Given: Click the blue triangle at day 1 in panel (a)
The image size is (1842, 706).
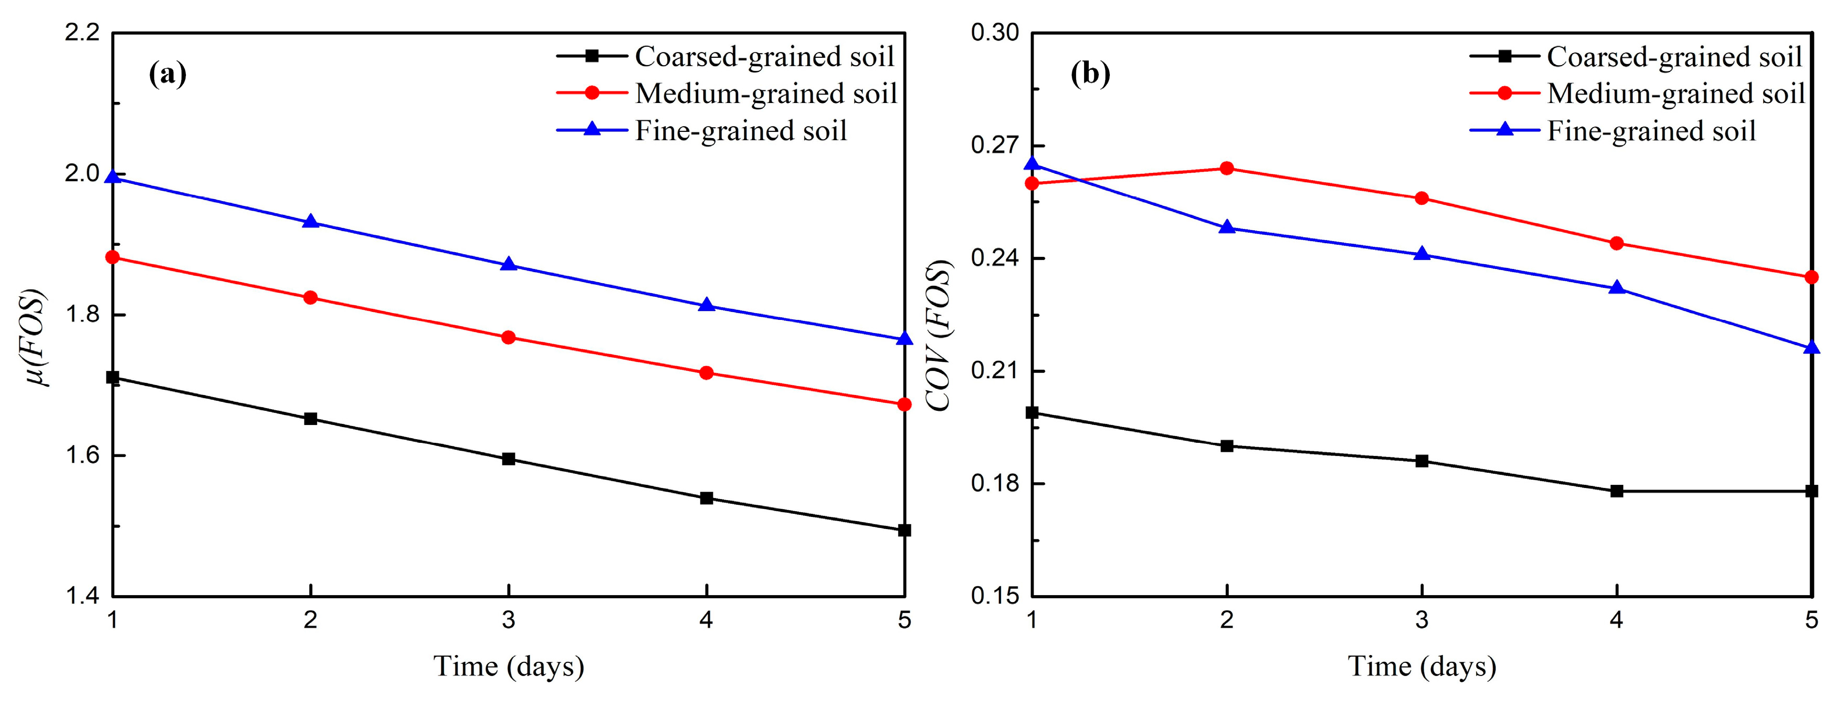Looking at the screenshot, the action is (x=112, y=176).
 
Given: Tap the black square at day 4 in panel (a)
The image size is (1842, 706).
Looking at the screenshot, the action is (x=707, y=498).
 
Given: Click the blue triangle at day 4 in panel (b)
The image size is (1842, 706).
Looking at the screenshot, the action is (x=1617, y=287).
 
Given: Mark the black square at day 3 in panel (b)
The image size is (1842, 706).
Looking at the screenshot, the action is (x=1422, y=461).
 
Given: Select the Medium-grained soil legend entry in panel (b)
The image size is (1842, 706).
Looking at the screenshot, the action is (x=1637, y=94).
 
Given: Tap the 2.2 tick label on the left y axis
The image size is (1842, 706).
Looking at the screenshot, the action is (x=81, y=33).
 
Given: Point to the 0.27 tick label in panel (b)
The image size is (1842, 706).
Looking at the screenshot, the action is (x=995, y=145).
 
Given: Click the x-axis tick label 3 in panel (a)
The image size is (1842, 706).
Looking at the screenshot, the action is (x=509, y=619).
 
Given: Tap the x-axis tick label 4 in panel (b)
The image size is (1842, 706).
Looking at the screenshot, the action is (x=1617, y=619).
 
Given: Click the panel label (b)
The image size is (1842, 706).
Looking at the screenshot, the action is (x=1090, y=74).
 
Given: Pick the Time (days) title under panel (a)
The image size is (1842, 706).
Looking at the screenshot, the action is (x=509, y=666).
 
